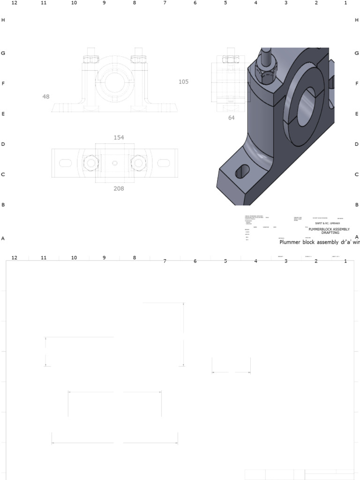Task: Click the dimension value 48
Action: (45, 97)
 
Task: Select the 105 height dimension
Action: (183, 82)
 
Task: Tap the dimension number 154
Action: (119, 137)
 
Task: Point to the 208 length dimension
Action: (119, 188)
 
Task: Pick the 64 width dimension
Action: (231, 118)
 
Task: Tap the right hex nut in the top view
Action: (138, 163)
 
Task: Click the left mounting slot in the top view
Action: (64, 163)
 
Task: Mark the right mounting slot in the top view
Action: (164, 163)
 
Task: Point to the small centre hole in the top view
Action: (114, 163)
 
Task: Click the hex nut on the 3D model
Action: (265, 74)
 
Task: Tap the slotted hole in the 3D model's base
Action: (242, 172)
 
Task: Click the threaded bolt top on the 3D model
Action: (265, 52)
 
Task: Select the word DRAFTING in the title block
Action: (330, 232)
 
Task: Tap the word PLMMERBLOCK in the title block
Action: (320, 229)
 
